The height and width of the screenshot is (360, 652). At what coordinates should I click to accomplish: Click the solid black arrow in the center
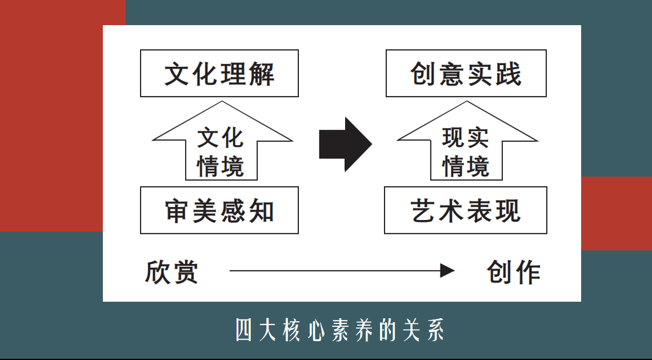(x=345, y=144)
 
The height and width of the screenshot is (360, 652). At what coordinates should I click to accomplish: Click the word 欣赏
(x=171, y=273)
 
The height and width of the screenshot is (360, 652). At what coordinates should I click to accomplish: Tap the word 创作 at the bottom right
(x=514, y=273)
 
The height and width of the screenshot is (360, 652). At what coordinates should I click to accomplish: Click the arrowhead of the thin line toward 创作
(x=447, y=271)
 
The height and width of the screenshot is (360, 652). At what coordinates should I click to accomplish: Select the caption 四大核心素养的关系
(x=340, y=330)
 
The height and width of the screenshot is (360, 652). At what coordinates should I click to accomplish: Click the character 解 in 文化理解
(x=261, y=74)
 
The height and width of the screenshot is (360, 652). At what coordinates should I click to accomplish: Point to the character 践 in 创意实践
(x=507, y=74)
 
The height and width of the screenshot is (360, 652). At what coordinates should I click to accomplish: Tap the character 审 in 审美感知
(x=178, y=211)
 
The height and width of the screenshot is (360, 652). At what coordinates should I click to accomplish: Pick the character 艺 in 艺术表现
(x=424, y=211)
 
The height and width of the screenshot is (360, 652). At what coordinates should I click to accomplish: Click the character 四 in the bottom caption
(x=243, y=330)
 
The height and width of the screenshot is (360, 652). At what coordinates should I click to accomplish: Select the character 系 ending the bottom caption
(x=435, y=330)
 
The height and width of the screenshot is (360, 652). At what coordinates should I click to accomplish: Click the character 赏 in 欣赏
(x=185, y=273)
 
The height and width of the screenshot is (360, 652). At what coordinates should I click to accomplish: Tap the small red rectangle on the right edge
(x=617, y=213)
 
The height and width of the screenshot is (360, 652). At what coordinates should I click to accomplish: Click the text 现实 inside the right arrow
(x=466, y=138)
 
